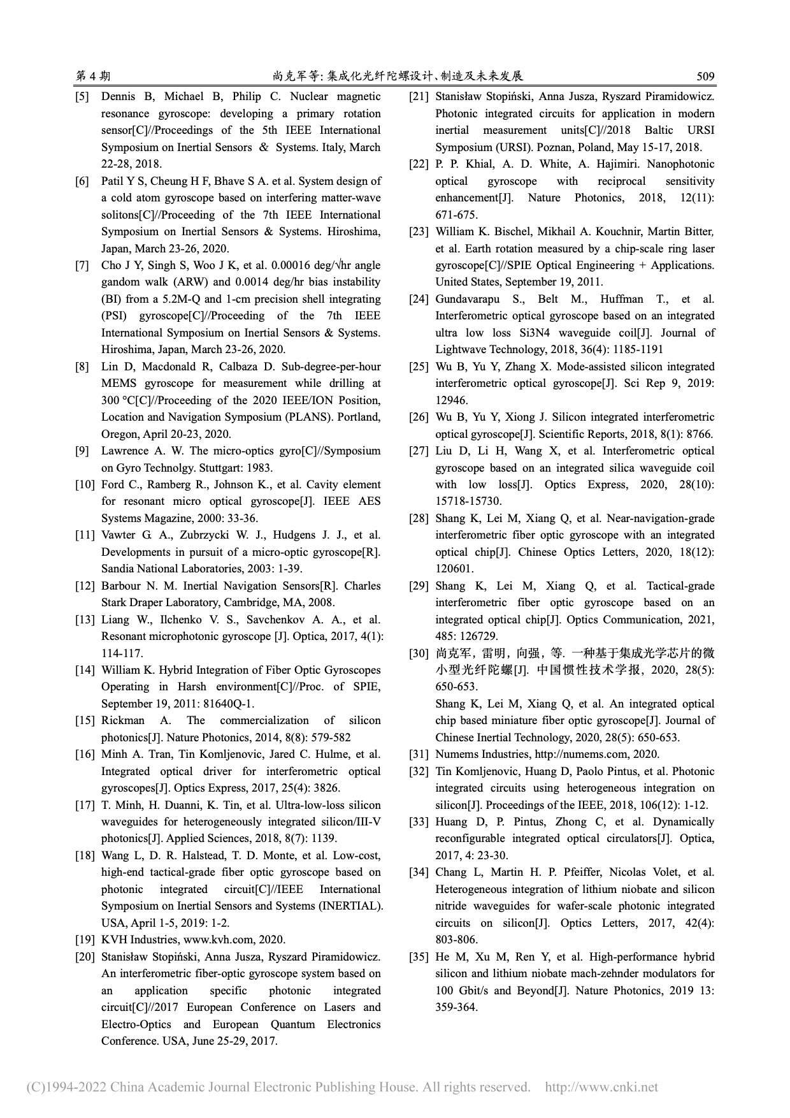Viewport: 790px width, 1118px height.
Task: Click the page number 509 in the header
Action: pos(705,76)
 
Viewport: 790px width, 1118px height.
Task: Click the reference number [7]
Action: pos(82,266)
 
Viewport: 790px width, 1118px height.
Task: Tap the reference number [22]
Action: pos(419,164)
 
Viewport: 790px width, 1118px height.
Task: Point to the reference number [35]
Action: pos(419,957)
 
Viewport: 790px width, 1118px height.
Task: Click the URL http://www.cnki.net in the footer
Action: pos(601,1087)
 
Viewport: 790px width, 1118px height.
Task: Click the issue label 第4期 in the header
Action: pos(93,76)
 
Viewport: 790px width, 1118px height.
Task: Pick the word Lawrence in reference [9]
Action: pos(125,451)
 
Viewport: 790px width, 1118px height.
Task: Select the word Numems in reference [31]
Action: pos(456,754)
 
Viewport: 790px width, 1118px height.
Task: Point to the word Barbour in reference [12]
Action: pos(121,586)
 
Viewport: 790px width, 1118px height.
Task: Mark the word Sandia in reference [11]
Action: pos(117,569)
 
